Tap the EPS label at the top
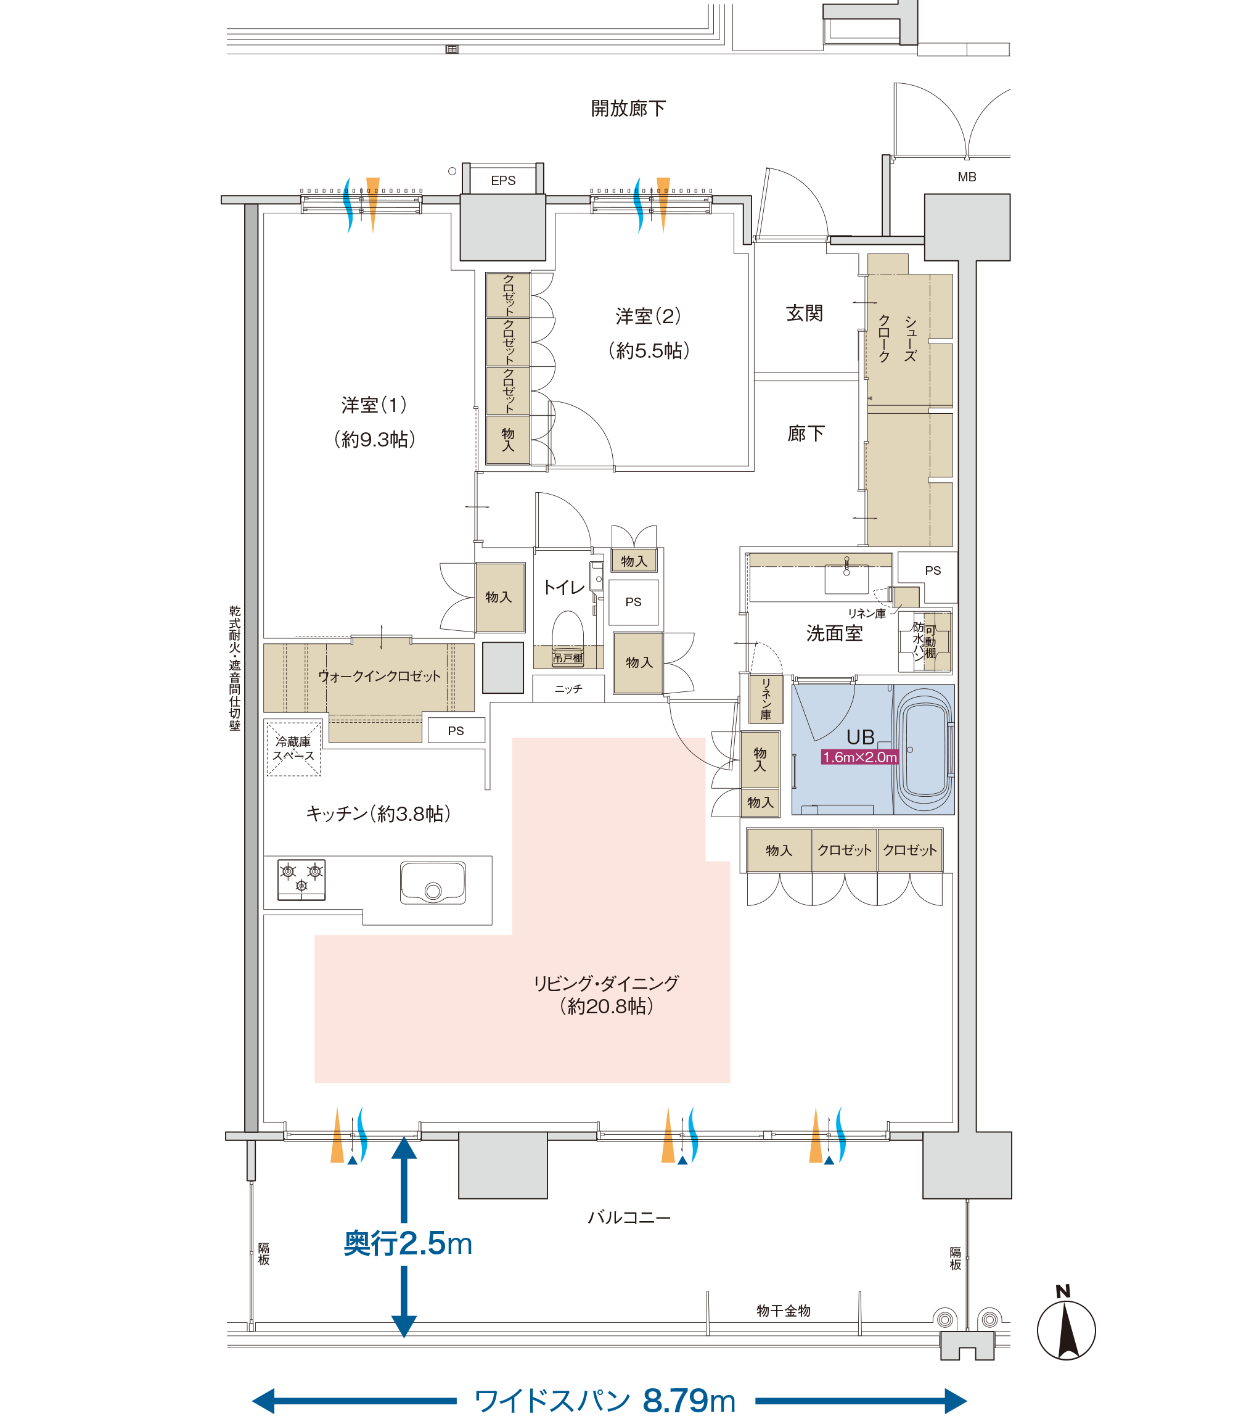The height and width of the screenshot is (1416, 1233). tap(503, 180)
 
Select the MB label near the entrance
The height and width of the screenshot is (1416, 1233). tap(967, 177)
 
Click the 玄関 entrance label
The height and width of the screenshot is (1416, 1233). tap(805, 313)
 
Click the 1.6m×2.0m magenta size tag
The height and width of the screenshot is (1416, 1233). tap(860, 757)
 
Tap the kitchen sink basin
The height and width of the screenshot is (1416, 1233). tap(433, 883)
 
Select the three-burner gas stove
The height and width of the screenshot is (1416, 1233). tap(301, 879)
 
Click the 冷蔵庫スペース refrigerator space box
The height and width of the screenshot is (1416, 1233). tap(294, 748)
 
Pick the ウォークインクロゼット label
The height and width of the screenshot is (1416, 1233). tap(379, 676)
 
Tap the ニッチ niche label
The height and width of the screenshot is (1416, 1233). tap(568, 688)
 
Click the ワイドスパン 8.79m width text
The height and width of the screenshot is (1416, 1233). tap(605, 1400)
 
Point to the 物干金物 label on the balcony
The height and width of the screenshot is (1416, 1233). tap(783, 1311)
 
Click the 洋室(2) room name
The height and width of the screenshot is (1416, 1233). tap(648, 316)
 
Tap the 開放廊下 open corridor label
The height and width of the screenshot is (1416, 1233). tap(628, 108)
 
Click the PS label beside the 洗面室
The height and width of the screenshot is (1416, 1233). tap(933, 570)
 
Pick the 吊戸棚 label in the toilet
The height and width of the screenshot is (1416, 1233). tap(568, 657)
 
